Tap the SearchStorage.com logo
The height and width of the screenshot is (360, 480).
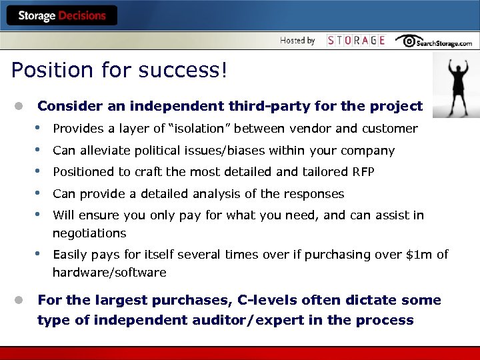click(x=434, y=41)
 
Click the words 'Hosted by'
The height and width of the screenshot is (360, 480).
click(x=297, y=41)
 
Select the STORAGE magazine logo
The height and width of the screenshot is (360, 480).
click(x=356, y=41)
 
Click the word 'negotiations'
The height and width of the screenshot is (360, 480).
click(x=89, y=233)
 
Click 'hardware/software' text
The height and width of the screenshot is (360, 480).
click(x=109, y=273)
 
